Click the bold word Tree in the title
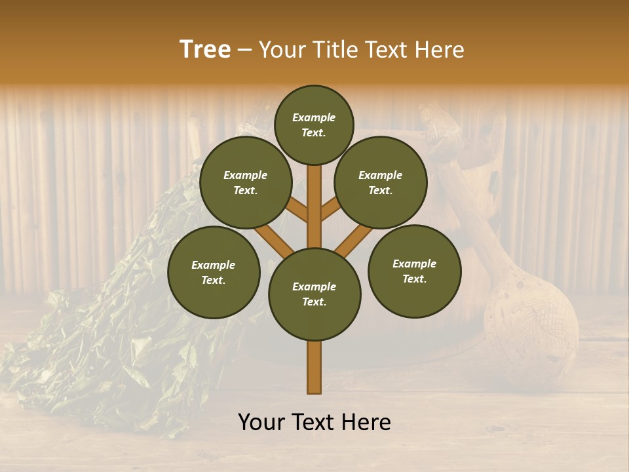[x=205, y=49]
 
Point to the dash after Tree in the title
[x=245, y=50]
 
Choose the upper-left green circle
[x=246, y=182]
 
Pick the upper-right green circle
[x=381, y=182]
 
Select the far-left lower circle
[x=214, y=272]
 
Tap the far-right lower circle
[x=414, y=271]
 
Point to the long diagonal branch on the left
[x=273, y=240]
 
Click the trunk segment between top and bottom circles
[x=314, y=206]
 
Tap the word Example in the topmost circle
[x=314, y=118]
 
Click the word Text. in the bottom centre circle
[x=314, y=302]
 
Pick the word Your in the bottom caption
[x=262, y=422]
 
